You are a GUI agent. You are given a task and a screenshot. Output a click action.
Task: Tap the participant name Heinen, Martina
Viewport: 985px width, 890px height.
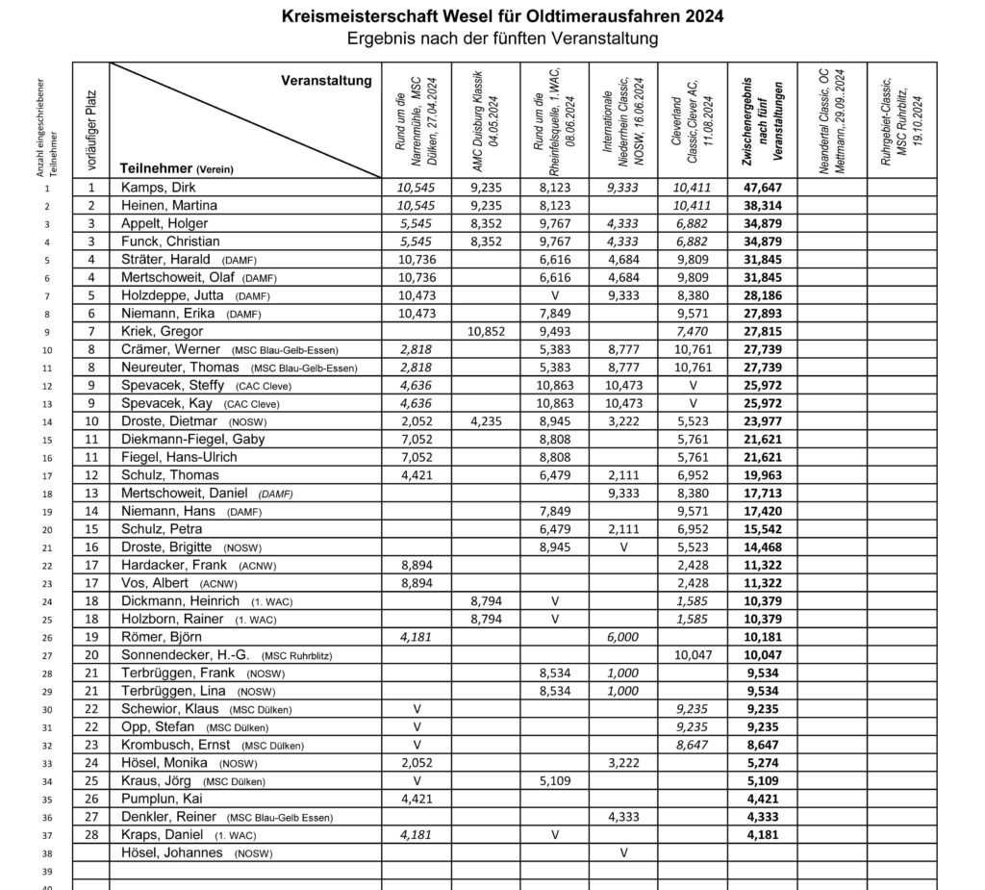169,205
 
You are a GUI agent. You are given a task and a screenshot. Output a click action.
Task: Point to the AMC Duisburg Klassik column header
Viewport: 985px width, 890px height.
485,106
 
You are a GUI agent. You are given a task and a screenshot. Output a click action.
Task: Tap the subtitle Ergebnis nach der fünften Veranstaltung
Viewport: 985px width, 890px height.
503,38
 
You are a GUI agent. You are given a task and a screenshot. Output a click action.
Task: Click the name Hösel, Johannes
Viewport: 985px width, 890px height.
171,852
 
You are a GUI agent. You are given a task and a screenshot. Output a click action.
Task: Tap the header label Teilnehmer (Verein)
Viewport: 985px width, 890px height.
176,167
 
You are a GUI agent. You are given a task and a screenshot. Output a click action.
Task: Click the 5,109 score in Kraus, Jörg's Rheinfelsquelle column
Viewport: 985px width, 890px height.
554,780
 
